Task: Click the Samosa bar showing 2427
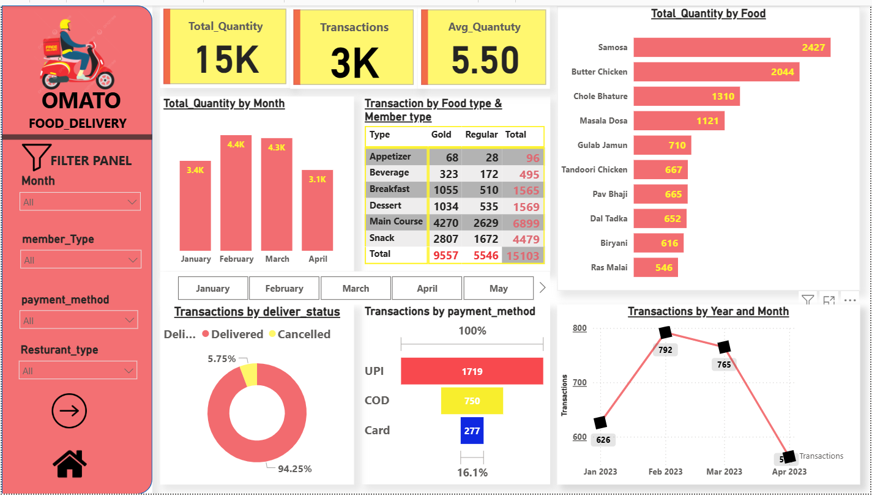pos(731,47)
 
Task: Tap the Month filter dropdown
pos(81,202)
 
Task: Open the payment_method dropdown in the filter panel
pos(80,320)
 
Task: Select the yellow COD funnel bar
pos(472,401)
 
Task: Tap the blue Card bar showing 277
pos(472,431)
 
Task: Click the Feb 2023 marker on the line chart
pos(666,332)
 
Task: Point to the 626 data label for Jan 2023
pos(603,440)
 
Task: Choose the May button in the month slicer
pos(498,288)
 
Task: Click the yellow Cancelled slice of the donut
pos(248,374)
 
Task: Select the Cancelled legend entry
pos(304,335)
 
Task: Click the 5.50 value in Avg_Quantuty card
pos(485,61)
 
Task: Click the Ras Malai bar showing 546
pos(655,267)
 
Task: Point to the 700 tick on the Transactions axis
pos(579,383)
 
